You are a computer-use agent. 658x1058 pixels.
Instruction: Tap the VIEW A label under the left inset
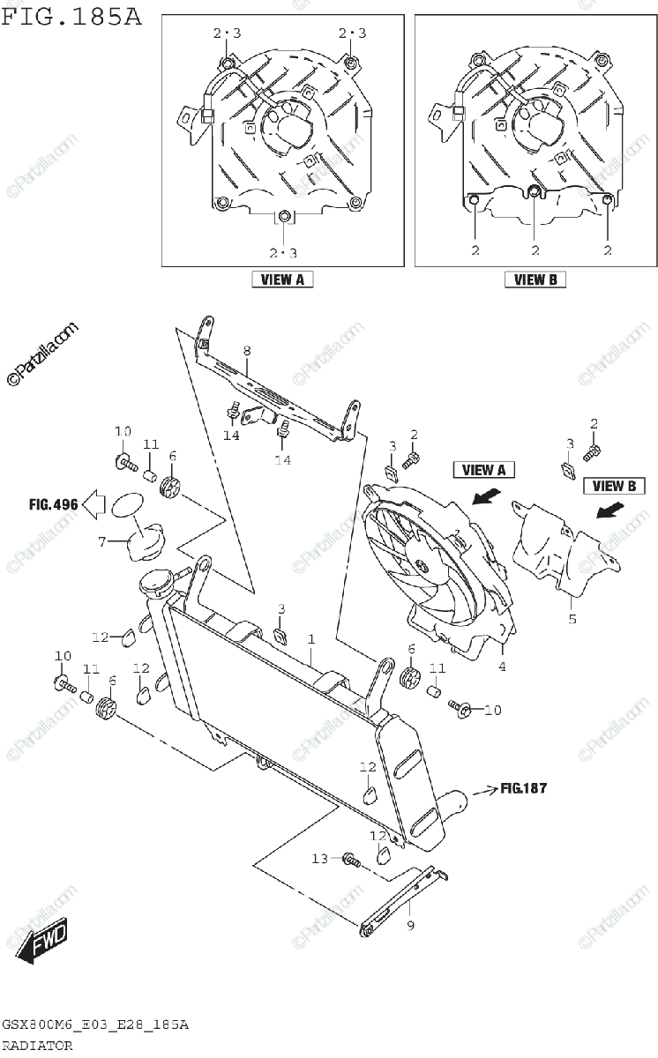click(283, 279)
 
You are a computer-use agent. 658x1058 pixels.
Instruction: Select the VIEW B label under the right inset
click(535, 279)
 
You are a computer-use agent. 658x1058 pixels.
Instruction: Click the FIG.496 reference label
click(53, 505)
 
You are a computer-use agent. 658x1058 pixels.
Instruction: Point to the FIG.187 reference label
click(523, 788)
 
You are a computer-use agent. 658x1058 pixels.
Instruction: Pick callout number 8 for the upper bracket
click(247, 351)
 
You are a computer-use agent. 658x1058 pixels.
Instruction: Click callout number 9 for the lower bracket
click(410, 926)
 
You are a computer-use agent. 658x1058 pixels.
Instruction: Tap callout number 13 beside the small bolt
click(319, 858)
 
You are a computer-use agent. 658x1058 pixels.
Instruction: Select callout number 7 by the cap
click(101, 541)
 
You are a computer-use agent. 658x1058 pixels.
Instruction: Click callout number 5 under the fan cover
click(572, 620)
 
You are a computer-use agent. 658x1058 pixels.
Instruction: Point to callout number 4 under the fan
click(502, 667)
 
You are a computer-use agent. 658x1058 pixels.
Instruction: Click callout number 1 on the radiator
click(310, 637)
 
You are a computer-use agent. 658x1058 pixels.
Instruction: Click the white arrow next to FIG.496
click(93, 505)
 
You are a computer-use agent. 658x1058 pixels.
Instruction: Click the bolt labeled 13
click(350, 858)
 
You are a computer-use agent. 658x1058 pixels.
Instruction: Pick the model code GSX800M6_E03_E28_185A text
click(95, 1025)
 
